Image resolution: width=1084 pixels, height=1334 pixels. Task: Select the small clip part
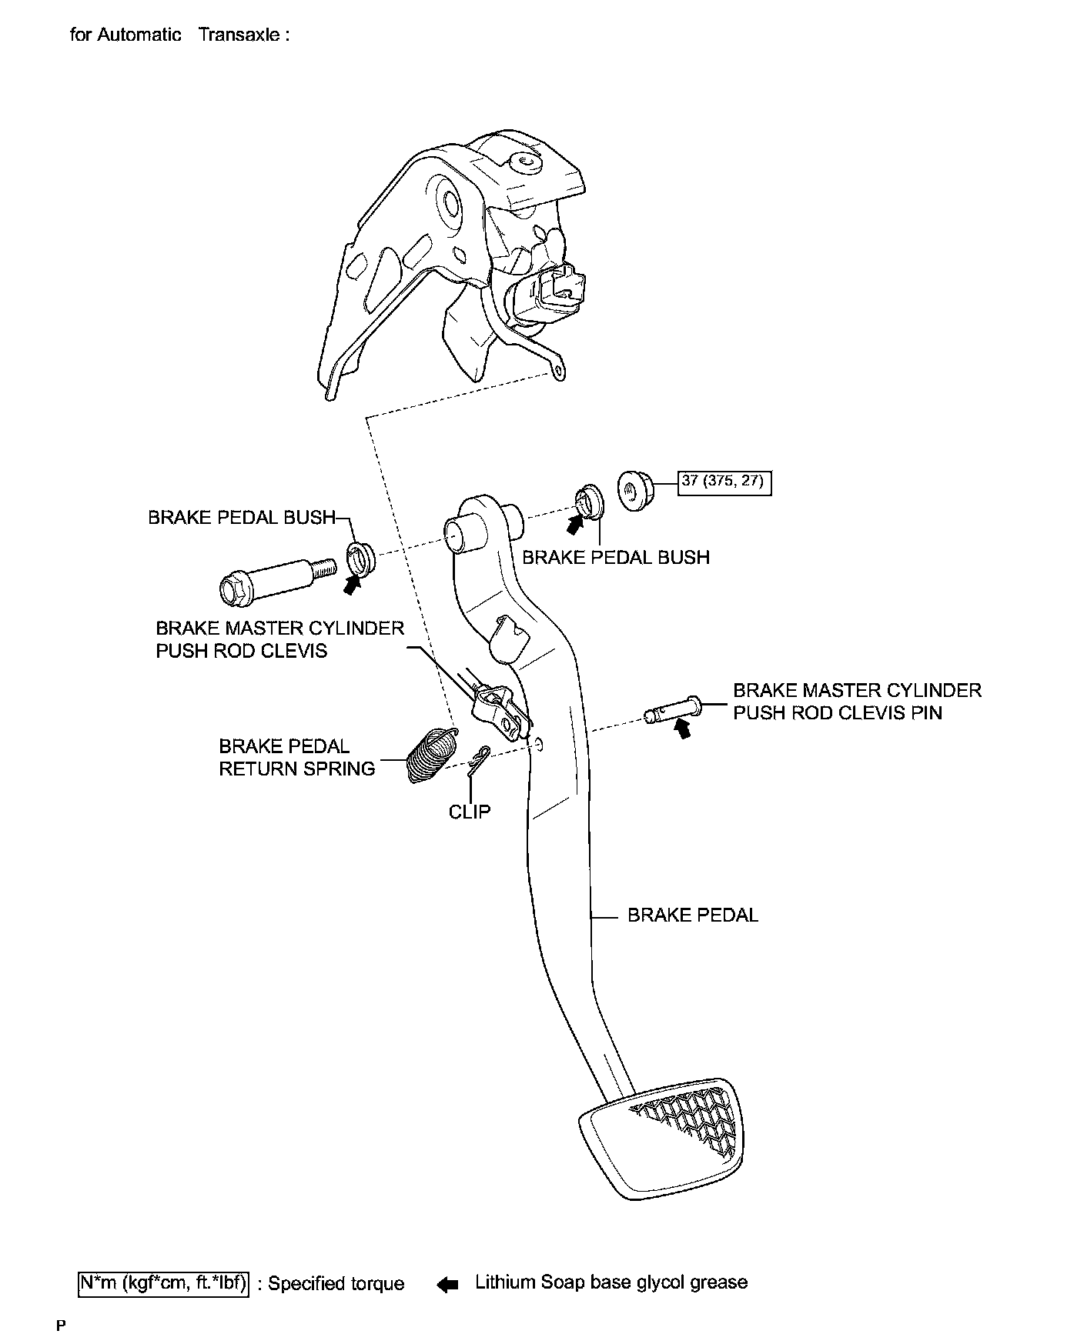(x=480, y=759)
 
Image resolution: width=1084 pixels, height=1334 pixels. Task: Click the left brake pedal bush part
(x=359, y=558)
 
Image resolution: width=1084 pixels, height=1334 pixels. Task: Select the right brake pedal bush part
(x=590, y=502)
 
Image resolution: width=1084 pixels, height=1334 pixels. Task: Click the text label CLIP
(x=470, y=812)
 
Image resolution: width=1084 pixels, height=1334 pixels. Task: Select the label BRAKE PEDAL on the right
(x=693, y=915)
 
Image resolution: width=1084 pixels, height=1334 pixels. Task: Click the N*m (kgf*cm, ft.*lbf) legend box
(x=164, y=1284)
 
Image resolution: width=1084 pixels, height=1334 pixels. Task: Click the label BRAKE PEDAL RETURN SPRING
(x=297, y=757)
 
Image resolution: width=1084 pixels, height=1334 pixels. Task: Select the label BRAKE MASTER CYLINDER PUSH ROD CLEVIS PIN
(x=857, y=701)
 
